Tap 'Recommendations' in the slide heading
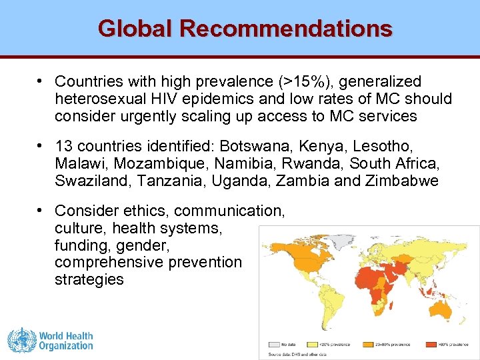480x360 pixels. pyautogui.click(x=286, y=28)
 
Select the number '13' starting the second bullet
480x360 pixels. pyautogui.click(x=64, y=146)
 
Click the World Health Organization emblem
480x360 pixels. pyautogui.click(x=21, y=340)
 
